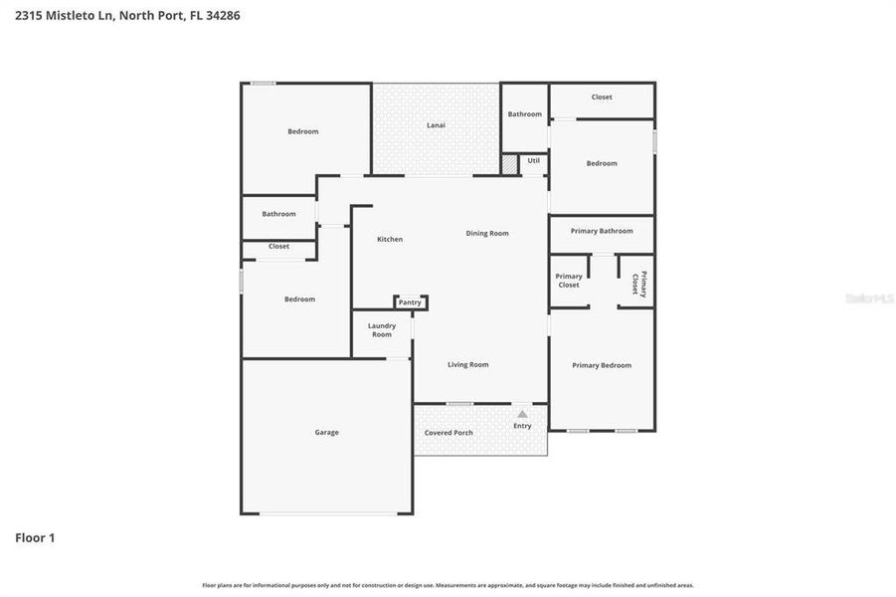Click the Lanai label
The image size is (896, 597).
click(x=436, y=125)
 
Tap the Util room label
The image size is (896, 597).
click(x=534, y=160)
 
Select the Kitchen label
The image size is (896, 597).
click(x=390, y=239)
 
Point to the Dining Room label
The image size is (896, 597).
click(x=487, y=233)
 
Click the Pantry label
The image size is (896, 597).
click(x=410, y=302)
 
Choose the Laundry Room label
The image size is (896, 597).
click(x=382, y=330)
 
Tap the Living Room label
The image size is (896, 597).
click(x=467, y=365)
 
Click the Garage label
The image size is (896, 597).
click(x=326, y=432)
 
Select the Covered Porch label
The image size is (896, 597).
click(x=448, y=433)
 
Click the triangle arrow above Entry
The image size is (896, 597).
click(x=522, y=413)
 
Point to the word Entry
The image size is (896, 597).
click(x=522, y=426)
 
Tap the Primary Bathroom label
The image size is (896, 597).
click(x=602, y=231)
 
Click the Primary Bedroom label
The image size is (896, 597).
click(x=602, y=365)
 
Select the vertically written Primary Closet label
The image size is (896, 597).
click(x=638, y=284)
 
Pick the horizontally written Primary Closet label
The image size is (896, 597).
click(x=569, y=281)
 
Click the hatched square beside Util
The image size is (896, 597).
click(x=509, y=164)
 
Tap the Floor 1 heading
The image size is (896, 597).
click(x=35, y=538)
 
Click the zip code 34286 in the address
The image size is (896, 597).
click(x=223, y=16)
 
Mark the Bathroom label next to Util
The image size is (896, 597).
click(x=525, y=114)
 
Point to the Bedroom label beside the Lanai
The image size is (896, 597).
click(x=303, y=131)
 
